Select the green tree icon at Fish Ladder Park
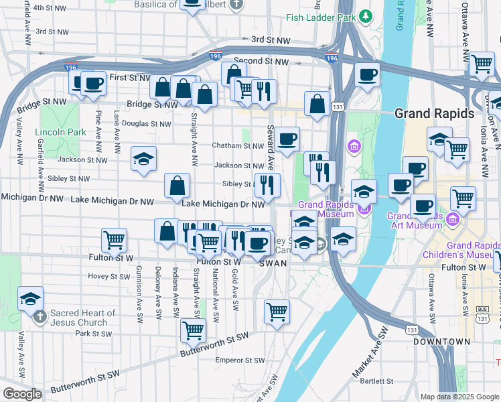point(366,15)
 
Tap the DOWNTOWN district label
point(441,342)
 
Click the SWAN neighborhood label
point(273,263)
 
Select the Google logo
point(21,394)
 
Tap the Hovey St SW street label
point(109,276)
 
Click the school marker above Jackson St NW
point(143,159)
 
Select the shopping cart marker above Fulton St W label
point(115,239)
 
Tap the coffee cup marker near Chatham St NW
point(287,139)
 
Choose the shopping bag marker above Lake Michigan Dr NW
point(177,184)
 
